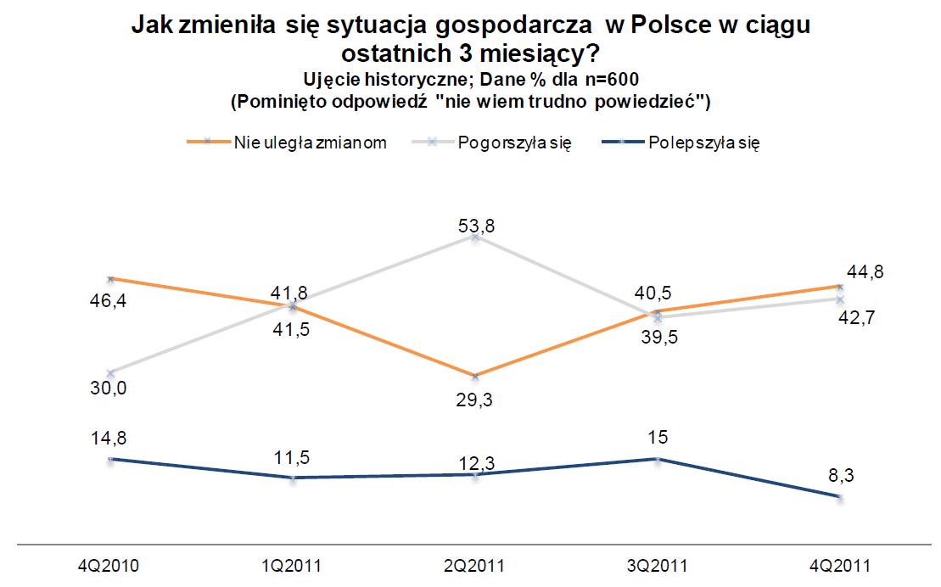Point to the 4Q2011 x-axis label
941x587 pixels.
(840, 565)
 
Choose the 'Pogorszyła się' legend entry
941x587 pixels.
(514, 143)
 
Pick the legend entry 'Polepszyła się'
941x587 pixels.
(703, 143)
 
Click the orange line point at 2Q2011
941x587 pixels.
(475, 376)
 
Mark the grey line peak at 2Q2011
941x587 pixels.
(475, 238)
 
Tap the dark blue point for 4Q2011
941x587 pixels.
(840, 497)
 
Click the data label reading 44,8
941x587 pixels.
(864, 272)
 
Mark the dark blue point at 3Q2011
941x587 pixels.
(657, 459)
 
